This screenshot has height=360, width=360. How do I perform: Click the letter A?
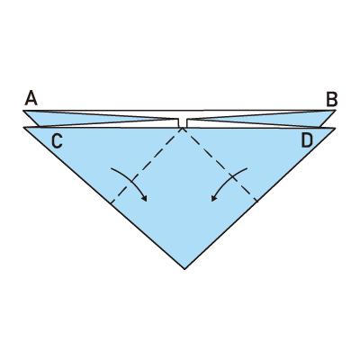[31, 98]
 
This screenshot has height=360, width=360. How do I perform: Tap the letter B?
[332, 99]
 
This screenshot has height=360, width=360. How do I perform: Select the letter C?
[57, 141]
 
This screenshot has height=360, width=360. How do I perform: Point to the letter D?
[307, 140]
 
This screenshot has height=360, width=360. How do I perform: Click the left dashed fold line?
[147, 166]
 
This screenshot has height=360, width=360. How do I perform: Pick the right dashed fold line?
[220, 165]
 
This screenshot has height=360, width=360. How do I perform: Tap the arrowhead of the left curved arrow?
[145, 199]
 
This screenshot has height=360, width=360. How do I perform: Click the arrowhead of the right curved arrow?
[213, 199]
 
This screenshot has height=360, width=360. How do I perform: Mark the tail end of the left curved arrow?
[112, 169]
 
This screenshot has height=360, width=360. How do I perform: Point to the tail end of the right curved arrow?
[247, 168]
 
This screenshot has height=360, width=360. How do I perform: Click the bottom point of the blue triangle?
[184, 269]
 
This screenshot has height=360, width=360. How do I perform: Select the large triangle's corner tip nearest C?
[23, 128]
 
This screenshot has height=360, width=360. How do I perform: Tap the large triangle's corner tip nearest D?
[335, 128]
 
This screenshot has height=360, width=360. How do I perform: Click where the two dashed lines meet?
[182, 128]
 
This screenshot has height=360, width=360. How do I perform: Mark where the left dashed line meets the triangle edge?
[111, 204]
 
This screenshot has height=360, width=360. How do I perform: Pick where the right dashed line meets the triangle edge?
[257, 202]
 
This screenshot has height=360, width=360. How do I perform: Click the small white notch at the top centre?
[183, 123]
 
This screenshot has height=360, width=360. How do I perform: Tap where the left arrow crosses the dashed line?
[131, 181]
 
